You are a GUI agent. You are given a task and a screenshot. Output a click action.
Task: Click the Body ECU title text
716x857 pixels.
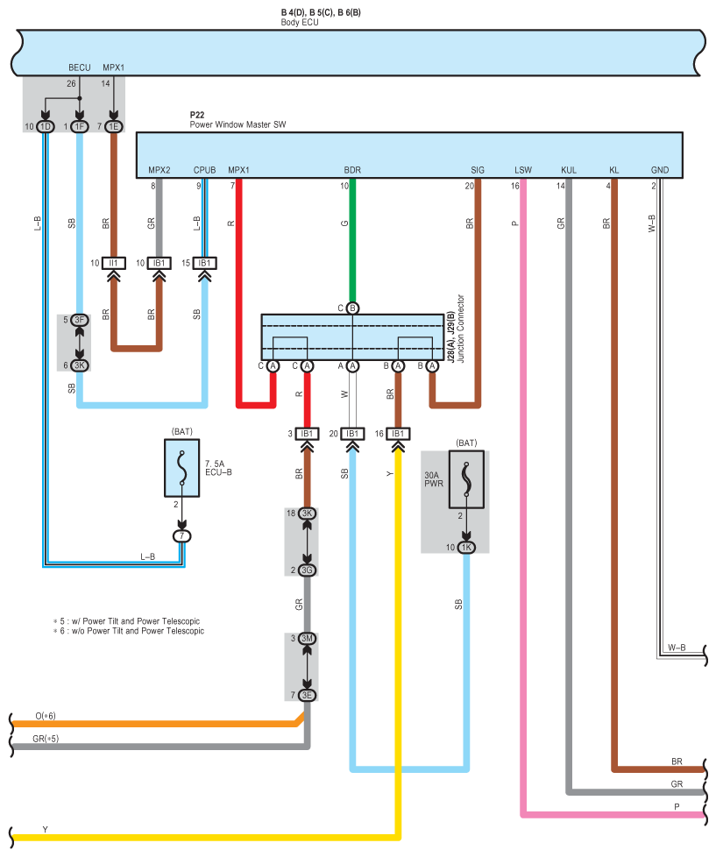click(300, 23)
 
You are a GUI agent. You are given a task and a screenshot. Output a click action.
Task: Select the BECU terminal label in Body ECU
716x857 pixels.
click(79, 67)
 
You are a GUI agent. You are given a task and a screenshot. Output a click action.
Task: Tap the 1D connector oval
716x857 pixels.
click(46, 127)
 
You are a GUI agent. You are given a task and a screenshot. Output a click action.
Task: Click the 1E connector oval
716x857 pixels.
click(114, 127)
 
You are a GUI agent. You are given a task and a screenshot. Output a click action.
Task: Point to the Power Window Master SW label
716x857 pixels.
click(237, 124)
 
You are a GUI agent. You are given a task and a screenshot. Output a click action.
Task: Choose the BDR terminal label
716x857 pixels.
click(352, 170)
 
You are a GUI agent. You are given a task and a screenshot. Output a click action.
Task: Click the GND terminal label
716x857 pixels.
click(660, 170)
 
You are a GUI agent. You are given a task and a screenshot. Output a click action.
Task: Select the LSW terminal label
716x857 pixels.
click(523, 170)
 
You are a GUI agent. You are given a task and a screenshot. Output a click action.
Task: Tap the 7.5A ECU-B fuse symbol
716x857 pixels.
click(182, 468)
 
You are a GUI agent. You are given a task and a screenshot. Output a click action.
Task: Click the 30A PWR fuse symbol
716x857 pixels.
click(466, 479)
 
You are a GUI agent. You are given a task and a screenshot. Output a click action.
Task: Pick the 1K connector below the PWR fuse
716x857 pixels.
click(466, 547)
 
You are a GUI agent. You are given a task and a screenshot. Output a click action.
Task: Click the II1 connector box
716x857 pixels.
click(114, 263)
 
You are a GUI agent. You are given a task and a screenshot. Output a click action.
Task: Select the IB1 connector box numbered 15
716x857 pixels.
click(204, 263)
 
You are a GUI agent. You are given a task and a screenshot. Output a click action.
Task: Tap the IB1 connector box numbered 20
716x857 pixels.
click(352, 434)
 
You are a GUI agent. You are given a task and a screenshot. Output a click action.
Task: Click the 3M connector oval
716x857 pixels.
click(307, 639)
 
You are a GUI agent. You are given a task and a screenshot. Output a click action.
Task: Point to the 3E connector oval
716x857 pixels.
click(307, 695)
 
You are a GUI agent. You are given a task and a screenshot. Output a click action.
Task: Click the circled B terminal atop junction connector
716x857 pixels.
click(352, 308)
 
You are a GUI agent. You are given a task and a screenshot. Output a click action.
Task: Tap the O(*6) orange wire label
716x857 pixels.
click(46, 716)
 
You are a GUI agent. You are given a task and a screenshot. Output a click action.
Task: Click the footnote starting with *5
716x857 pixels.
click(126, 621)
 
